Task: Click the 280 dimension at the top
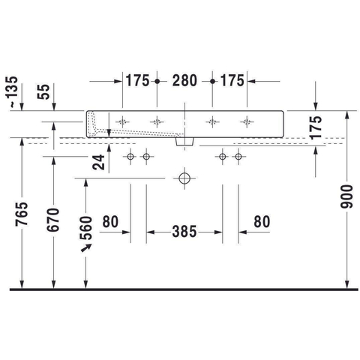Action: click(x=184, y=81)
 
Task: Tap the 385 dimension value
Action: click(x=184, y=232)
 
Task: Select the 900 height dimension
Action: click(x=346, y=196)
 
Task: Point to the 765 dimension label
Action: click(x=22, y=214)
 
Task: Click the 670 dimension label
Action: click(x=52, y=220)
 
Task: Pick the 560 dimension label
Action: click(x=86, y=228)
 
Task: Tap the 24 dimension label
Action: click(x=98, y=162)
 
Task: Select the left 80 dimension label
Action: click(x=110, y=222)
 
